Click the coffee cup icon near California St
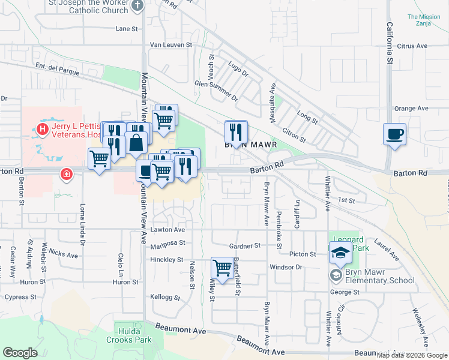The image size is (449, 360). point(395,134)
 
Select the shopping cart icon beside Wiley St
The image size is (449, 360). point(222,268)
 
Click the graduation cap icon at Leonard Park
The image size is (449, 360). point(340,254)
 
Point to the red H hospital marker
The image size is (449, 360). point(43,128)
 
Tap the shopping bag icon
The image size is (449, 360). point(137,143)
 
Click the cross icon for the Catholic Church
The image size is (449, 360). point(137,5)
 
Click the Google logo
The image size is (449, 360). point(20,353)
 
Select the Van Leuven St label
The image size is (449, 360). point(170,44)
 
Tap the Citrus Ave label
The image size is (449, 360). point(412,46)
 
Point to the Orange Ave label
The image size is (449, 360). point(411,109)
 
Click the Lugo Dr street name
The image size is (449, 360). point(238,67)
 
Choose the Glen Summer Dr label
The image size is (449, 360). point(216,90)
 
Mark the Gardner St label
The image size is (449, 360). point(246,246)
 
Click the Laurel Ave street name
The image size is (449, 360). point(387,249)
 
